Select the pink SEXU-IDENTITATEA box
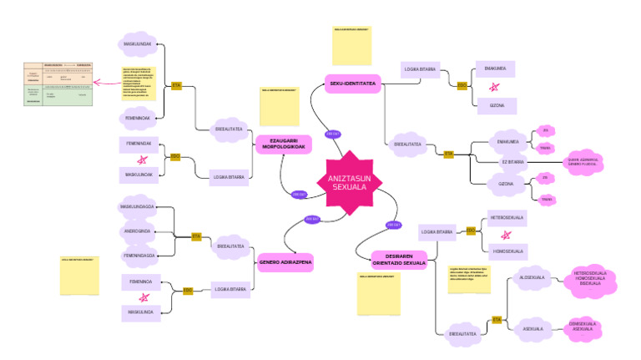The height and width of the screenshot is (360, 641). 352,84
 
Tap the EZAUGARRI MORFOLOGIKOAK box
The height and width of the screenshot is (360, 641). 284,143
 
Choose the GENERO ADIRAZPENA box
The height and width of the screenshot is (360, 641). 285,261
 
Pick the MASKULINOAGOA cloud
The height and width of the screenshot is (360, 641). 139,206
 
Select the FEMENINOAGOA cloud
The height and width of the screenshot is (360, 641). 139,254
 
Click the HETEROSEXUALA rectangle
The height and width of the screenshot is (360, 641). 507,217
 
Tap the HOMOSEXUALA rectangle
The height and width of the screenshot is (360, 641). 507,251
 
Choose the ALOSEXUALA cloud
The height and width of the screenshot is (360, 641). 532,277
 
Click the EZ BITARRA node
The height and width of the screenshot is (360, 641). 512,160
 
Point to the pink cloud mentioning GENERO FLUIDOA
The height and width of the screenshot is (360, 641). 584,161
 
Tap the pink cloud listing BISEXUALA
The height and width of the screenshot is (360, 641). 589,278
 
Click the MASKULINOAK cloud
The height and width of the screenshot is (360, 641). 137,43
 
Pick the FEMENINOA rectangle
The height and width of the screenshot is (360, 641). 139,281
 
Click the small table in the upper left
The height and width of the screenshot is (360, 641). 56,84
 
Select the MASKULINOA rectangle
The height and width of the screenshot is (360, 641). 139,312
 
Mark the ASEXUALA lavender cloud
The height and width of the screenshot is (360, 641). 532,328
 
